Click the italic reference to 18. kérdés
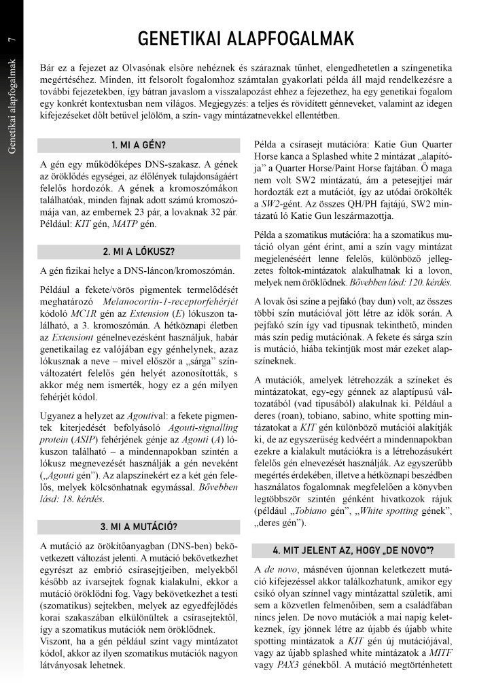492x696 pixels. click(x=68, y=482)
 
